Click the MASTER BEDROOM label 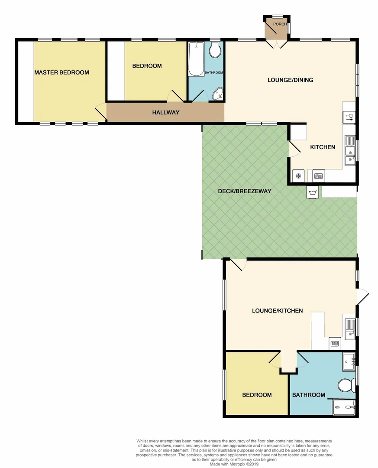[x=61, y=72]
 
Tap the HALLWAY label [x=165, y=112]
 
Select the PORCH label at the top [x=280, y=24]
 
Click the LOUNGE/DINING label [x=290, y=80]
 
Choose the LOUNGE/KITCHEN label [x=277, y=311]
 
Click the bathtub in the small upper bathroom [x=196, y=59]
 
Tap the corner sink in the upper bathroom [x=217, y=94]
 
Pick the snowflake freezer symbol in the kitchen [x=298, y=175]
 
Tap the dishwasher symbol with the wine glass [x=349, y=116]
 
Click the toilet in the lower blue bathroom [x=346, y=385]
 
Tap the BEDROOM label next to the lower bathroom [x=257, y=395]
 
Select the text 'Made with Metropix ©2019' [x=234, y=464]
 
